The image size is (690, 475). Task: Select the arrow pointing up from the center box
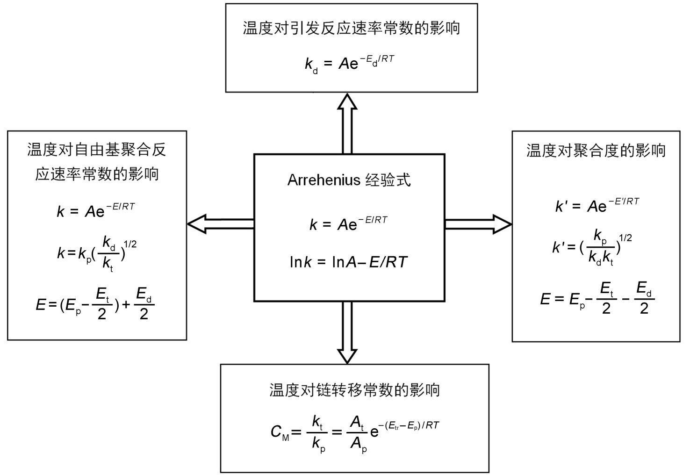(x=347, y=123)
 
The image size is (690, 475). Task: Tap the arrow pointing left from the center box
(x=221, y=224)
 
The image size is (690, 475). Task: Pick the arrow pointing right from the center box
(x=478, y=224)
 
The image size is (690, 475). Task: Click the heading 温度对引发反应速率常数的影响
(x=352, y=29)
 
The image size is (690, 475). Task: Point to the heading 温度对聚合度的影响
(x=596, y=151)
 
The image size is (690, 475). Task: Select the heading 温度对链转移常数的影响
(x=354, y=390)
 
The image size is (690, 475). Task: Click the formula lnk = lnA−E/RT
(x=349, y=262)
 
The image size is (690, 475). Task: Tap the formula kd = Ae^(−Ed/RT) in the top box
(x=350, y=64)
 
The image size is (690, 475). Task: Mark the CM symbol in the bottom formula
(x=280, y=432)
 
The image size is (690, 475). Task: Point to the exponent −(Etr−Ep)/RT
(x=409, y=426)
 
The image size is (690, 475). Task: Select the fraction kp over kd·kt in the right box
(x=601, y=247)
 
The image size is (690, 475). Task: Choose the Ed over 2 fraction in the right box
(x=644, y=298)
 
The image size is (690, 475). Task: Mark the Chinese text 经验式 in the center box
(x=388, y=180)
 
